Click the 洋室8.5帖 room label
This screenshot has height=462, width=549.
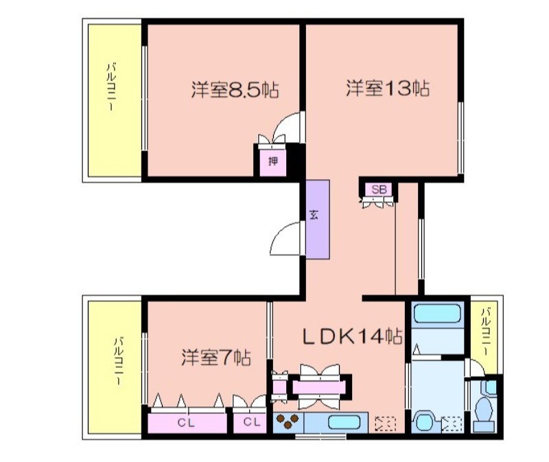tap(235, 90)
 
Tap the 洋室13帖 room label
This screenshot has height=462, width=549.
tap(388, 88)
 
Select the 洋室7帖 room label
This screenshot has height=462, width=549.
tap(216, 358)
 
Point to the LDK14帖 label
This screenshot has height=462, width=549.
tap(352, 336)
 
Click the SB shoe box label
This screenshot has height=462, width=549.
tap(379, 189)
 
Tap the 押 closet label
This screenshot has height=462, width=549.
tap(273, 161)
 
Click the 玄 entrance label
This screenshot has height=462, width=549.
tap(314, 214)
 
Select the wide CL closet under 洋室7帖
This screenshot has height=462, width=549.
tap(186, 423)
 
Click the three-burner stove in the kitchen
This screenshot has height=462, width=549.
tap(288, 421)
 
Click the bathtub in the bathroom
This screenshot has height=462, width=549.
tap(437, 313)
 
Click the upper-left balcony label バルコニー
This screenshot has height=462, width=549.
tap(112, 86)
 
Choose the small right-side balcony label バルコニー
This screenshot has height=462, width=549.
tap(486, 331)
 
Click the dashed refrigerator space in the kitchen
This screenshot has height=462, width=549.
tap(385, 424)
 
